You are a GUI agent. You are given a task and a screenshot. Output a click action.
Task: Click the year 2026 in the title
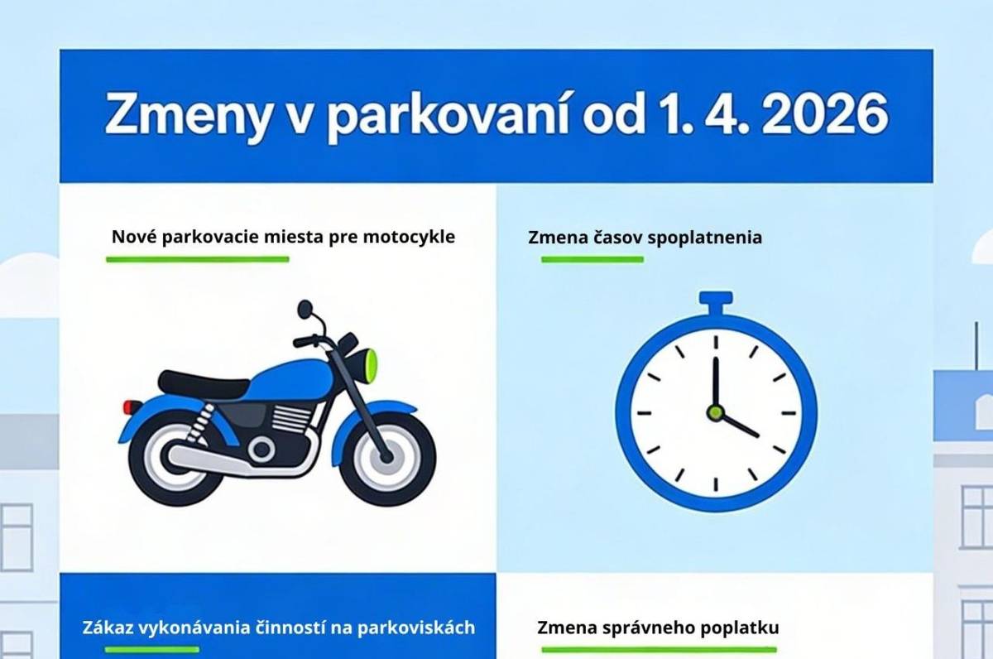[x=825, y=116]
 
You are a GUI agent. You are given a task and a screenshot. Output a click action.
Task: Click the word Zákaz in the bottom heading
[x=108, y=627]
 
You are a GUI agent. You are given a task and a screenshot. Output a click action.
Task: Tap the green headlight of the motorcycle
[x=371, y=361]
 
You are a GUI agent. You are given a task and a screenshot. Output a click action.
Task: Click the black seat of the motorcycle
[x=204, y=383]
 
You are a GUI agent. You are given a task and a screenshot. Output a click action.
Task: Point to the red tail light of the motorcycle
[x=132, y=406]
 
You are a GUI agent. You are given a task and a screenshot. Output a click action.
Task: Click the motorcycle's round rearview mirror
[x=305, y=309]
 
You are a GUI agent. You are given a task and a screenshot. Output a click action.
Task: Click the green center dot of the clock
[x=715, y=411]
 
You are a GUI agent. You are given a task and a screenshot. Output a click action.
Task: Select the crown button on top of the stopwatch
[x=715, y=300]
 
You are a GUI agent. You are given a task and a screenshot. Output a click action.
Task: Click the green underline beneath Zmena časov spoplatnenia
[x=592, y=259]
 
